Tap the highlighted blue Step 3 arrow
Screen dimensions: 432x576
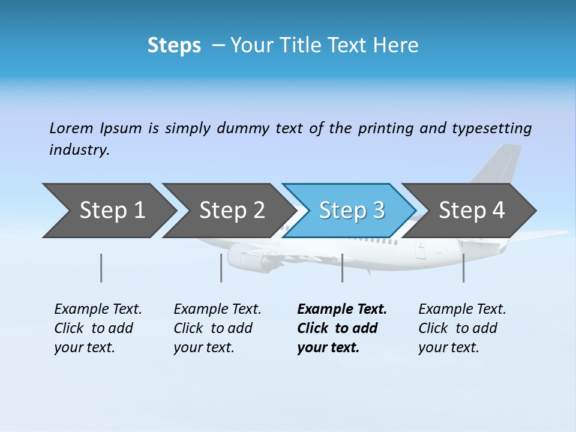[352, 211]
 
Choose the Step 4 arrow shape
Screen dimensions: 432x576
[472, 211]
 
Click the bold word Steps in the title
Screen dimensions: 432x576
[174, 46]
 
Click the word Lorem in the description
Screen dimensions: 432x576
[71, 128]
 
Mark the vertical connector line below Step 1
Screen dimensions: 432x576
[101, 268]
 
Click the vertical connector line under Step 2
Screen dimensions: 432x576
[221, 268]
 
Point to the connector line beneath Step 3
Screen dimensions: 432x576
[342, 268]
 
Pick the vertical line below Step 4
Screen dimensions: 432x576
[463, 268]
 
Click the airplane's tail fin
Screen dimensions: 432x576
[498, 165]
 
